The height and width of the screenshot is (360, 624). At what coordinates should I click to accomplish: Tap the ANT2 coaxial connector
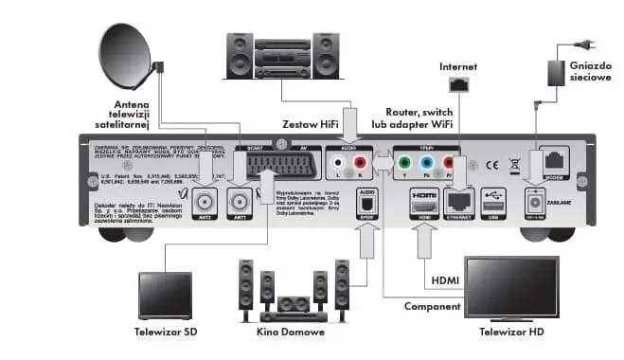coord(204,201)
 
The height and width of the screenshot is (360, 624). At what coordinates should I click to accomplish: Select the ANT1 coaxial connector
coord(239,201)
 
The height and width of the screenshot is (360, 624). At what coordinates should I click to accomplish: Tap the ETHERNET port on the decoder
coord(461,201)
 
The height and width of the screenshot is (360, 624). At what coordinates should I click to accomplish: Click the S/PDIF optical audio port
coord(364,202)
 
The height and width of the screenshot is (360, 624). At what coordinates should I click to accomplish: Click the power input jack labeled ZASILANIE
coord(534,200)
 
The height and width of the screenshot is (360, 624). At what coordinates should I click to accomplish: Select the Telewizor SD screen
coord(165,295)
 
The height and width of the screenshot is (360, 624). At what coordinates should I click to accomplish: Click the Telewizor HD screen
coord(510,288)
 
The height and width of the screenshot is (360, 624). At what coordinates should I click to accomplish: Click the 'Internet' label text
coord(459,66)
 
